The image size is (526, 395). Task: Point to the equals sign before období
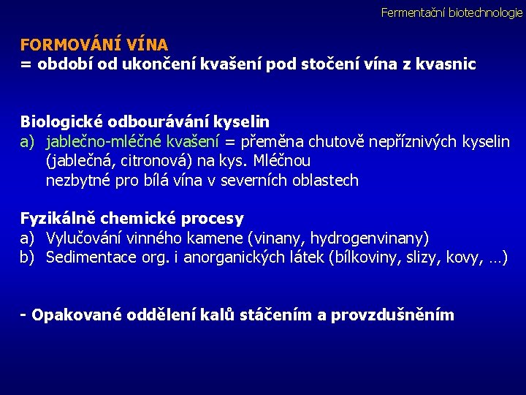click(x=26, y=64)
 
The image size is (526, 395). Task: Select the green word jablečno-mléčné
click(x=105, y=141)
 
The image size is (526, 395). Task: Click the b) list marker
click(x=28, y=257)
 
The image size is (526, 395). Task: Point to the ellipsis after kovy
click(x=495, y=257)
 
